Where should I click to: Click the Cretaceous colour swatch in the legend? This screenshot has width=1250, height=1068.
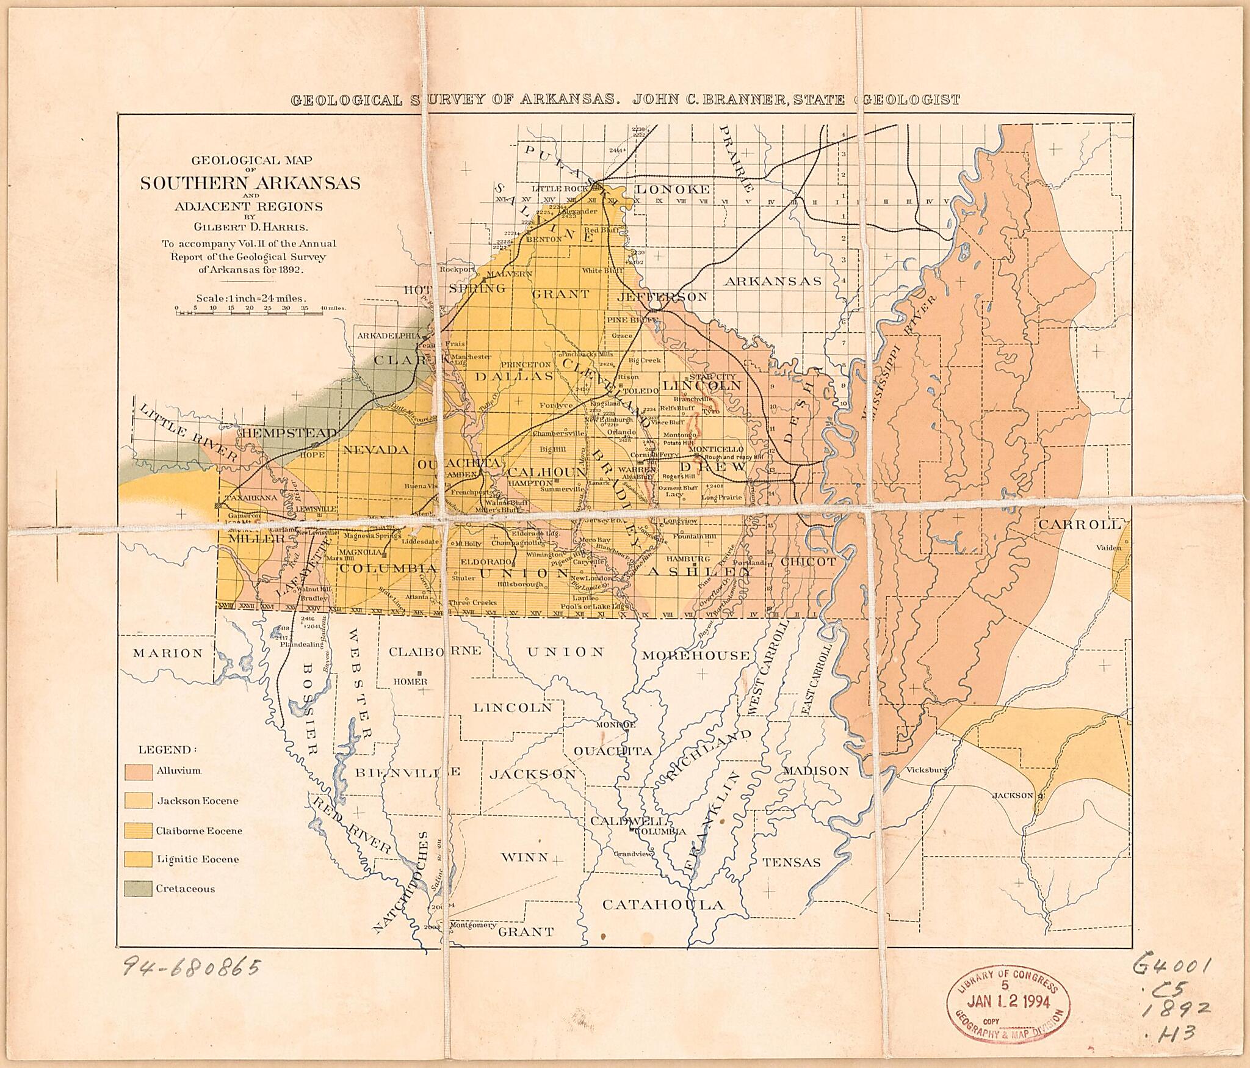coord(139,888)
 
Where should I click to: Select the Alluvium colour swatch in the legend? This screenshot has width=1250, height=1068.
coord(139,771)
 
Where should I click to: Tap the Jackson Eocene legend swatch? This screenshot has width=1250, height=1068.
coord(139,801)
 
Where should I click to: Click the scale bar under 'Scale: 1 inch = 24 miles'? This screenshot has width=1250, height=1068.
coord(249,313)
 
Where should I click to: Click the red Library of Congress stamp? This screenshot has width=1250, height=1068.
coord(1008,1003)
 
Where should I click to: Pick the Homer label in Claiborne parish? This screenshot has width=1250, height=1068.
coord(406,681)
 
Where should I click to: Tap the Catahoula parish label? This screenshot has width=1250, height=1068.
coord(663,904)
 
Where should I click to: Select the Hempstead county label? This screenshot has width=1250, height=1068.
coord(290,432)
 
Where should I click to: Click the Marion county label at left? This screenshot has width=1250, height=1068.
coord(168,653)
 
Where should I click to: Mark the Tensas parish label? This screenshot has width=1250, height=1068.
coord(792,862)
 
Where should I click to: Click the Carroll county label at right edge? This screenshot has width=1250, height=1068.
coord(1080,525)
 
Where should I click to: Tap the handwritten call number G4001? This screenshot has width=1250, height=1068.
coord(1172,966)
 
